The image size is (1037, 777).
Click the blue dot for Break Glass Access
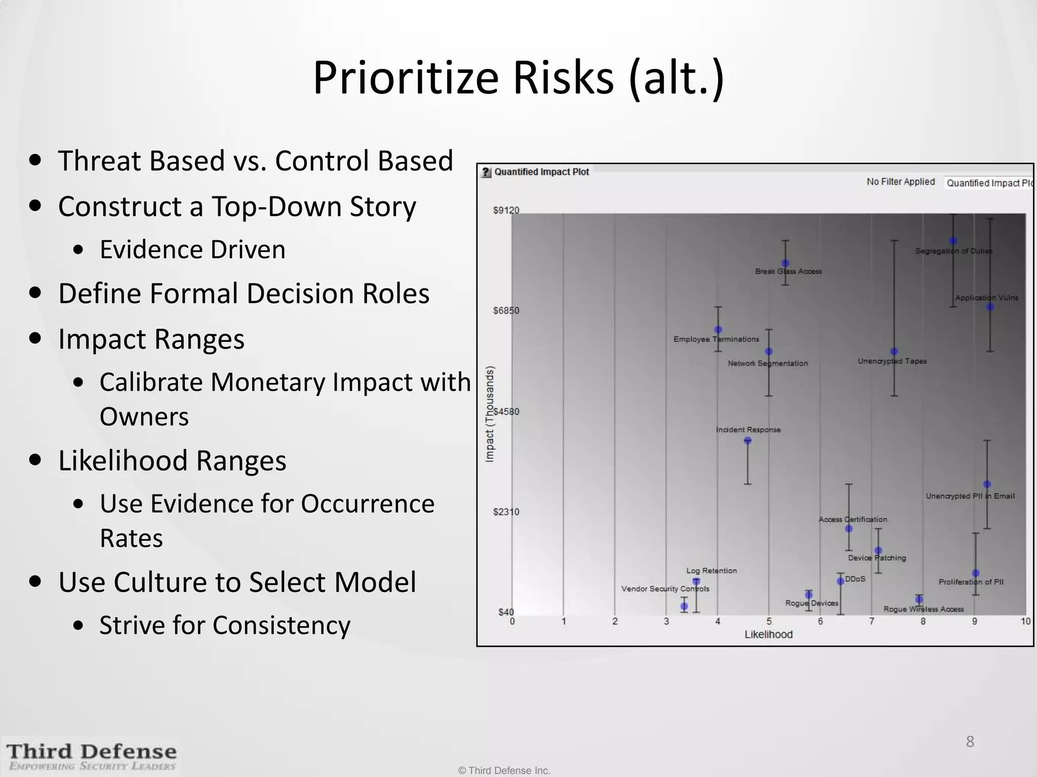point(785,264)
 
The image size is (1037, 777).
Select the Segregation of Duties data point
point(953,241)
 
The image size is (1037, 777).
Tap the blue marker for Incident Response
point(748,441)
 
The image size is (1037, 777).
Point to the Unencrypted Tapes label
point(892,361)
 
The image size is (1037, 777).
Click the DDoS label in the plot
point(855,579)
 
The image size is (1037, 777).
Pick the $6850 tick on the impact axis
point(506,311)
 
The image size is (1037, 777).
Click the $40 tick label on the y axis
point(506,612)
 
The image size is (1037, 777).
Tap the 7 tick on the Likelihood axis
point(871,622)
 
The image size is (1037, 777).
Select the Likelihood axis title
point(768,634)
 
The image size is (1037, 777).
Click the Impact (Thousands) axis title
point(490,414)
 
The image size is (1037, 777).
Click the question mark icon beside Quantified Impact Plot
point(486,172)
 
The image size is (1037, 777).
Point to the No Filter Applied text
point(900,182)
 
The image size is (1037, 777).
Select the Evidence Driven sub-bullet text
point(192,249)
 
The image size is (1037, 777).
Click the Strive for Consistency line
point(225,625)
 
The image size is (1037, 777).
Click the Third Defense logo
point(92,756)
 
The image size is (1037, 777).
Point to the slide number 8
point(970,742)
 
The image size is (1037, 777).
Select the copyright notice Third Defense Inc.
point(504,770)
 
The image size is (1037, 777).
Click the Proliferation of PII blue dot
point(976,573)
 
